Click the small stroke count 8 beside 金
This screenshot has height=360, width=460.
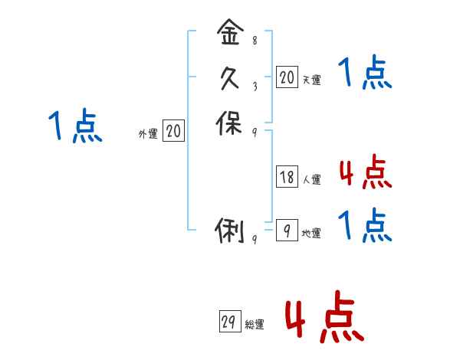click(x=255, y=41)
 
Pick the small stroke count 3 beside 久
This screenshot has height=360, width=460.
click(x=255, y=86)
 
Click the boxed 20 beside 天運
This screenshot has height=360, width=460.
click(x=287, y=77)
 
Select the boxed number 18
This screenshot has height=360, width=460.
click(x=287, y=178)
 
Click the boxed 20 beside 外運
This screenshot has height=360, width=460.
click(x=173, y=132)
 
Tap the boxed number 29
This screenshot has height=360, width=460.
click(x=228, y=322)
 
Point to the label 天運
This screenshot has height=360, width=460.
click(x=311, y=79)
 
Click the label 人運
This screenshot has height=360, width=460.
click(x=311, y=180)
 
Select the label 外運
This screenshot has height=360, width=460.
click(x=148, y=134)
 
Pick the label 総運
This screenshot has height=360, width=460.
click(x=254, y=325)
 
